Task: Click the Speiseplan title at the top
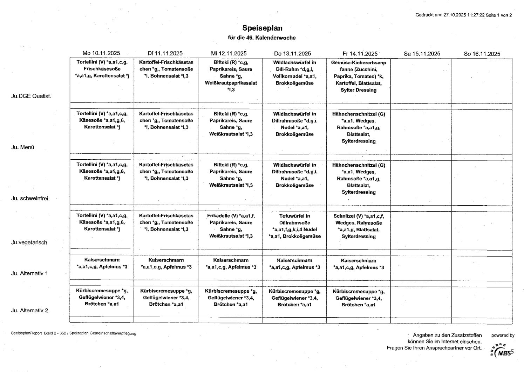point(262,28)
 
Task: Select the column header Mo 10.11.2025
point(101,53)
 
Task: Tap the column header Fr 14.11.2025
point(360,54)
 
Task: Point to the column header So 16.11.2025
point(482,54)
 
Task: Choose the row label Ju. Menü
point(23,147)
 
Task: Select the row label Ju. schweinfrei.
point(30,198)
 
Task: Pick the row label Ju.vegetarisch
point(29,243)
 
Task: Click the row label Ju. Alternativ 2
point(29,310)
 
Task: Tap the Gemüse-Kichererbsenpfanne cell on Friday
point(359,76)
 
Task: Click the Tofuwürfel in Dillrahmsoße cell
point(294,226)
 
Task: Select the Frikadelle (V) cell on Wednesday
point(231,226)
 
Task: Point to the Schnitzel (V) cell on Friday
point(359,226)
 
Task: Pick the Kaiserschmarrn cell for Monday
point(102,263)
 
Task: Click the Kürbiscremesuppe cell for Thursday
point(294,298)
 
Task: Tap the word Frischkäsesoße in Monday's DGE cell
point(102,69)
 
